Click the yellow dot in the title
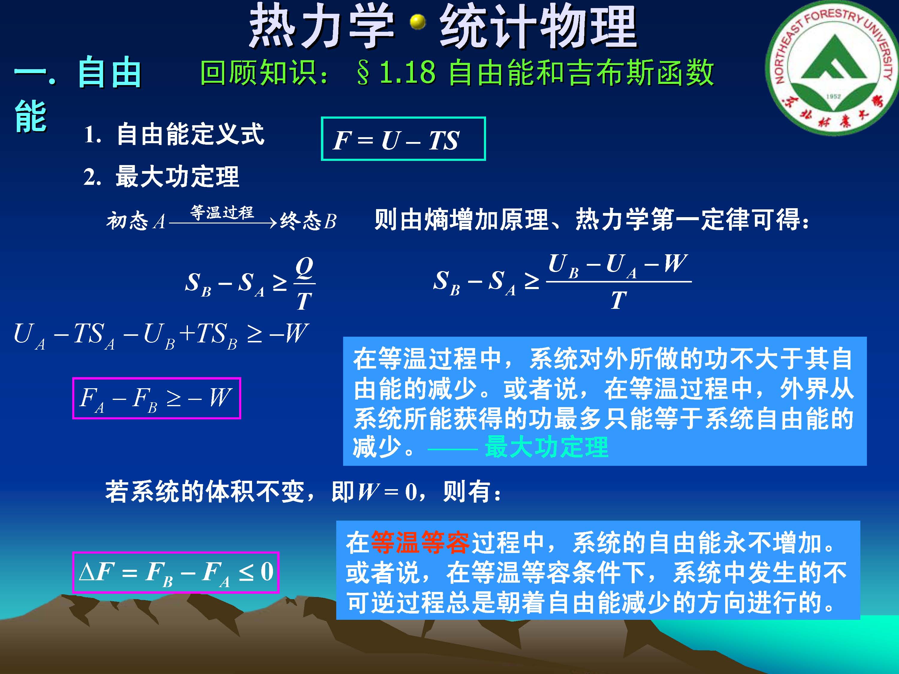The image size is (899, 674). tap(417, 22)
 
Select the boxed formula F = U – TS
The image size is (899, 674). tap(403, 139)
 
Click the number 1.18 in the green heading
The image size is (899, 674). tap(407, 72)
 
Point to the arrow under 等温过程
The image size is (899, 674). tap(223, 223)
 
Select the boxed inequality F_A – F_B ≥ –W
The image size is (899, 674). tap(156, 398)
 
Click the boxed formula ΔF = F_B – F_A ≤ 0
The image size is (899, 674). tap(176, 572)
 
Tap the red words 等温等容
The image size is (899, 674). tap(420, 543)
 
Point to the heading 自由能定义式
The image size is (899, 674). tap(190, 134)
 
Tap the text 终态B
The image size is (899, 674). tap(308, 221)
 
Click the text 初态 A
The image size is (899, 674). tap(136, 221)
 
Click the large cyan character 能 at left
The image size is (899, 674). tap(31, 116)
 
